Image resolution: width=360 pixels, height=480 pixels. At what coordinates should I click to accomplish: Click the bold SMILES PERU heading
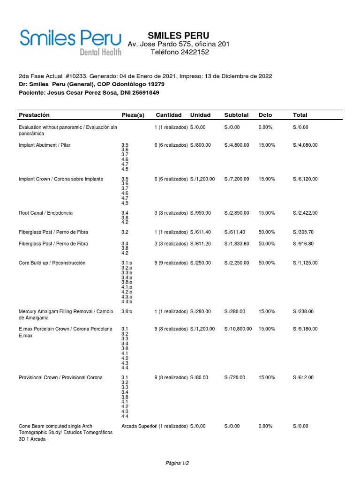(179, 35)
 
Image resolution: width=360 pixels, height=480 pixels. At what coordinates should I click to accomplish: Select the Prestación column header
(34, 115)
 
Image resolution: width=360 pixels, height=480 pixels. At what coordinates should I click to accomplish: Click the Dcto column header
(265, 115)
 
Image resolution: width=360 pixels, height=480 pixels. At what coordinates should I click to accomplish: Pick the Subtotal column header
(237, 115)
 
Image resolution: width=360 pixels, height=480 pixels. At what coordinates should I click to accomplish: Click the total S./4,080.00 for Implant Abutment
(305, 145)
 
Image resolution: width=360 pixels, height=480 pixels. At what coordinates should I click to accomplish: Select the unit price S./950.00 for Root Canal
(201, 213)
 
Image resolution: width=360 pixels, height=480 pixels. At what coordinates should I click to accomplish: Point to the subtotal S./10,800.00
(238, 329)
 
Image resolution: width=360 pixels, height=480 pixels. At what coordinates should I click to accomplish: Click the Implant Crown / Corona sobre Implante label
(61, 179)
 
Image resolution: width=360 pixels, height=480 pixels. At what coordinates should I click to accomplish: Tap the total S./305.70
(303, 232)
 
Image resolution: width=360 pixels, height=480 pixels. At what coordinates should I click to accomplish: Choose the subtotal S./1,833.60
(237, 244)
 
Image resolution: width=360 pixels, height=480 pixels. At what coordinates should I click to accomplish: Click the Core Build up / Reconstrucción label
(52, 263)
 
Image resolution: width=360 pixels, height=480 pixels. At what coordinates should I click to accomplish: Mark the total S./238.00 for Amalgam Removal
(303, 311)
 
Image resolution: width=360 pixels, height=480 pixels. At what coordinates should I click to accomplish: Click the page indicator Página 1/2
(177, 463)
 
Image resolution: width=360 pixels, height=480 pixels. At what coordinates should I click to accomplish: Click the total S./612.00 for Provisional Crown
(303, 377)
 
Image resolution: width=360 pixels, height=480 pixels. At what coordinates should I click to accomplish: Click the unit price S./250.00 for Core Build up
(201, 263)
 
